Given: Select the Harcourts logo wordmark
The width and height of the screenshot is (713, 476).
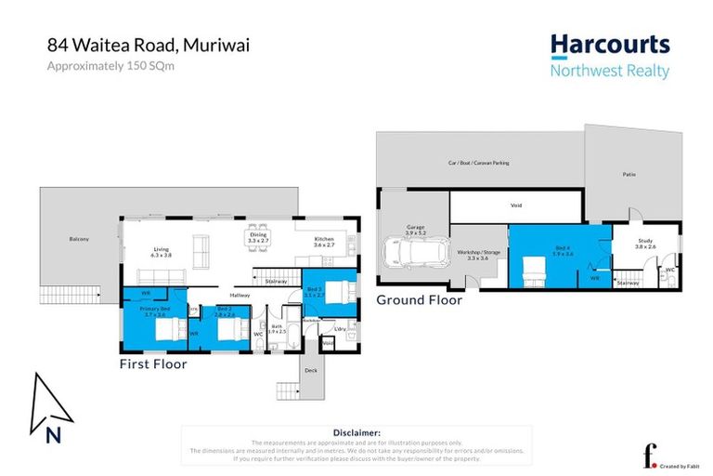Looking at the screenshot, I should click(609, 46).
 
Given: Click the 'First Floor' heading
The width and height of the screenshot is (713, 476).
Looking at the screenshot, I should click(153, 364).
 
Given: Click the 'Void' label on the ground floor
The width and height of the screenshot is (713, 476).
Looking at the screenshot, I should click(516, 206).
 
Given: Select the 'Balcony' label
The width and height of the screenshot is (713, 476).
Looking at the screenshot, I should click(79, 240).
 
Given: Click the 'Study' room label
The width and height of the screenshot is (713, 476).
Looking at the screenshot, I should click(644, 244).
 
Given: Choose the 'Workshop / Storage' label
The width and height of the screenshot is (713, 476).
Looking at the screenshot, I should click(478, 252).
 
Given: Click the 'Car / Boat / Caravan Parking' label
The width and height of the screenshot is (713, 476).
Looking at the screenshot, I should click(478, 163).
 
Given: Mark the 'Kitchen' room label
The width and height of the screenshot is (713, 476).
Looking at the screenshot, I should click(323, 239).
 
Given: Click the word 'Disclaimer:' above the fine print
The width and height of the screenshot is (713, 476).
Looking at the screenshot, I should click(356, 432).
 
